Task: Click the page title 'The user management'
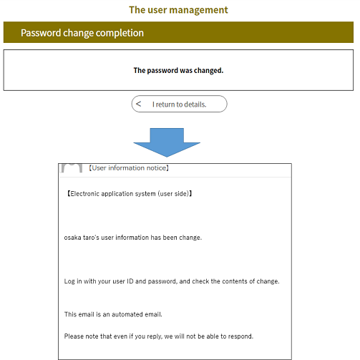(x=178, y=10)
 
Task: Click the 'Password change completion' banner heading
(x=82, y=33)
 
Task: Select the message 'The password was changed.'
(x=178, y=70)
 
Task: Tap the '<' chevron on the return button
(x=138, y=104)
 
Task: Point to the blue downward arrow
(x=167, y=142)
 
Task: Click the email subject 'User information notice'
(x=129, y=168)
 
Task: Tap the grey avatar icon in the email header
(x=72, y=168)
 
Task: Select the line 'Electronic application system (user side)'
(x=129, y=194)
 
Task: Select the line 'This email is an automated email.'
(x=113, y=314)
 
